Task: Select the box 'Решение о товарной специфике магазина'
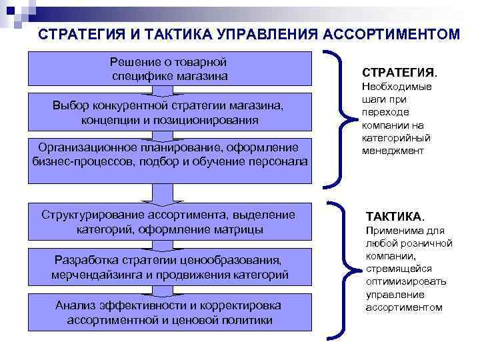pos(170,69)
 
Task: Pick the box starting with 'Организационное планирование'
pos(170,159)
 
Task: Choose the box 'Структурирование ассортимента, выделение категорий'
pos(170,222)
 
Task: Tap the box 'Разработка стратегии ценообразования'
pos(170,267)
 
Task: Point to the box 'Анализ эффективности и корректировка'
pos(170,312)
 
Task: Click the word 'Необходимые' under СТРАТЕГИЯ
pos(396,87)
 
